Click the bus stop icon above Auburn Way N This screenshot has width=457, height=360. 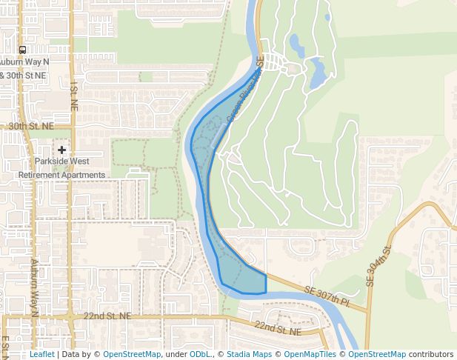[x=23, y=50]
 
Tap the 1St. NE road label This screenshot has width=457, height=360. [x=73, y=97]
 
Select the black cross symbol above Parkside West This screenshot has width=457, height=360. [x=62, y=150]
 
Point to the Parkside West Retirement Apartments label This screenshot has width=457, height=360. [x=62, y=168]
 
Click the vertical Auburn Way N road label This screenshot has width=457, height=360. [x=33, y=287]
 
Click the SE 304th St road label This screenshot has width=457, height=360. [x=378, y=266]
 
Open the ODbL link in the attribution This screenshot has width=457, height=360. [x=200, y=355]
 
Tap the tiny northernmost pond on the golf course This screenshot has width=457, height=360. [x=327, y=16]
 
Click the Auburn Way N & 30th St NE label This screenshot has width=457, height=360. [x=24, y=69]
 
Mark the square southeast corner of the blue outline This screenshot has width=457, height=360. [x=265, y=292]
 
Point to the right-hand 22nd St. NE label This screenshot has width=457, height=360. [x=278, y=327]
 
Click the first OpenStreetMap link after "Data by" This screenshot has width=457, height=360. [x=132, y=355]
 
